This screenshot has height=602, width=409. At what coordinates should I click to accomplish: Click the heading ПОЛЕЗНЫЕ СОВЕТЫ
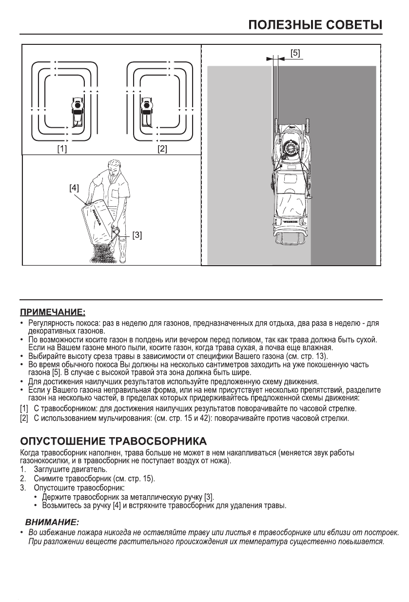tap(314, 24)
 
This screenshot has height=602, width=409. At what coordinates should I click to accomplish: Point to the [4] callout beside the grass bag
tap(75, 187)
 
